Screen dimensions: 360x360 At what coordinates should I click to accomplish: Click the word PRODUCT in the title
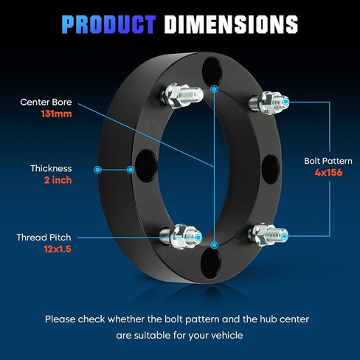tap(108, 24)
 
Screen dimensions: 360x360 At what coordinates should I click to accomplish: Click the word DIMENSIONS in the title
tap(231, 24)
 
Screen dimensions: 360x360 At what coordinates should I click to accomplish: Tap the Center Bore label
tap(46, 102)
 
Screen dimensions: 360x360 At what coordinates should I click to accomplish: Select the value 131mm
tap(56, 114)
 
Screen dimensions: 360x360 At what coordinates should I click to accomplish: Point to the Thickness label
tap(51, 168)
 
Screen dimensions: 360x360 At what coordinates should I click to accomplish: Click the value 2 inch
tap(58, 180)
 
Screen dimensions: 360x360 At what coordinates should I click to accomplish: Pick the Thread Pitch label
tap(44, 238)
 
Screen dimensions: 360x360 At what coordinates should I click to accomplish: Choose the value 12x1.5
tap(58, 249)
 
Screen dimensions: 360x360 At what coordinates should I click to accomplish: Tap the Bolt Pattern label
tap(328, 161)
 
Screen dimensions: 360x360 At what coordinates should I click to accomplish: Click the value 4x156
tap(328, 173)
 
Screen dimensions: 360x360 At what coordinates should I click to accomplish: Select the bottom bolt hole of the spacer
tap(210, 263)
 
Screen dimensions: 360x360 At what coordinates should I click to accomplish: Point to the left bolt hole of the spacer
tap(146, 166)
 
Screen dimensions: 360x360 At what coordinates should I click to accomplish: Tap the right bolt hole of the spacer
tap(270, 169)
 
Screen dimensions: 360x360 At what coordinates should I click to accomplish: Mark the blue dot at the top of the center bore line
tap(215, 89)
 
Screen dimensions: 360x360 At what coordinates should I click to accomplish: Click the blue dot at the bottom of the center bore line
tap(215, 245)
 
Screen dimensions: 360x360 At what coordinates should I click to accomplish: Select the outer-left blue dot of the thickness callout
tap(97, 170)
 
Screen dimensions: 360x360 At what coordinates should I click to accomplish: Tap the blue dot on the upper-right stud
tap(285, 102)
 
